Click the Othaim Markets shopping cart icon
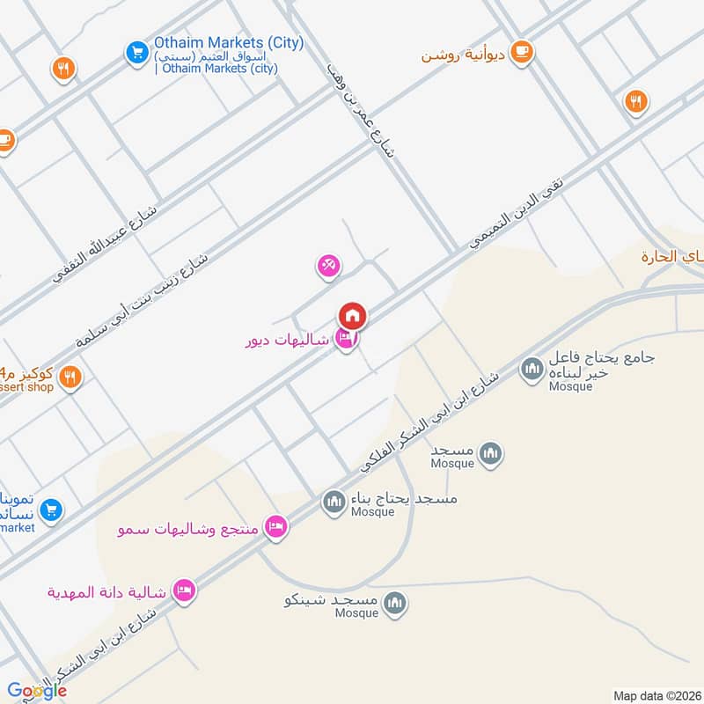136,53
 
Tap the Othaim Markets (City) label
229,42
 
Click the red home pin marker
352,315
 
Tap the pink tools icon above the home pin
328,265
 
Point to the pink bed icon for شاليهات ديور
346,340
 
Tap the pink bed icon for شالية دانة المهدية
183,590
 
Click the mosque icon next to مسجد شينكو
395,602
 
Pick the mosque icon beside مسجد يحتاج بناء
333,502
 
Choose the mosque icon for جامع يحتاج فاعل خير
532,369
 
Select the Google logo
37,691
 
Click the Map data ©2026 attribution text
655,695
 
